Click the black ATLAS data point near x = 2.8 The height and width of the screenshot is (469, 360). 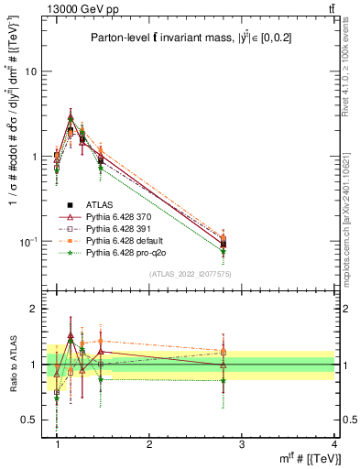click(x=224, y=244)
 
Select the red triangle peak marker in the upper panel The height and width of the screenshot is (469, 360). click(x=71, y=117)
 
